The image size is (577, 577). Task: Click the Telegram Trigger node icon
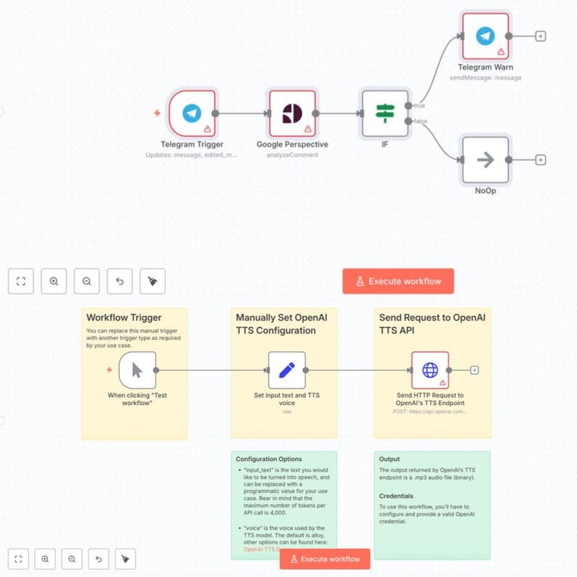click(x=192, y=113)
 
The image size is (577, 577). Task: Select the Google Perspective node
click(x=292, y=113)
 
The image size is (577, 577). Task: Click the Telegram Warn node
click(x=485, y=36)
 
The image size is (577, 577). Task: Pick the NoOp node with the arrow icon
click(x=485, y=160)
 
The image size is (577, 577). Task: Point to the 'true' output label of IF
click(x=420, y=105)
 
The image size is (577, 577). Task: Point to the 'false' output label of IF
click(x=421, y=121)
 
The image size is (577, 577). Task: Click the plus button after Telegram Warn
click(x=540, y=36)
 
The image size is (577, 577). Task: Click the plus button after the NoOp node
click(x=540, y=160)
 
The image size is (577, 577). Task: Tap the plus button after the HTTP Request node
click(x=475, y=370)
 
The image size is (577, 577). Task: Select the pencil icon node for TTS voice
click(x=286, y=370)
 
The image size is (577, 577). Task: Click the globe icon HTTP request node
click(x=429, y=370)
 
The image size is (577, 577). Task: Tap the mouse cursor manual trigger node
click(x=137, y=370)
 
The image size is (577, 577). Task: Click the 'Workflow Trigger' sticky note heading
click(x=124, y=318)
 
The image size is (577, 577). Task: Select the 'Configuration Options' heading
click(x=269, y=459)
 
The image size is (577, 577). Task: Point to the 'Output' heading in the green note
click(x=391, y=459)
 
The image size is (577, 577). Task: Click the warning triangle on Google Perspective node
click(x=308, y=129)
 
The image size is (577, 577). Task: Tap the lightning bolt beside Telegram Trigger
click(x=157, y=113)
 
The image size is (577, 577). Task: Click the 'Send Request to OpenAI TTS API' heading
click(x=432, y=323)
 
